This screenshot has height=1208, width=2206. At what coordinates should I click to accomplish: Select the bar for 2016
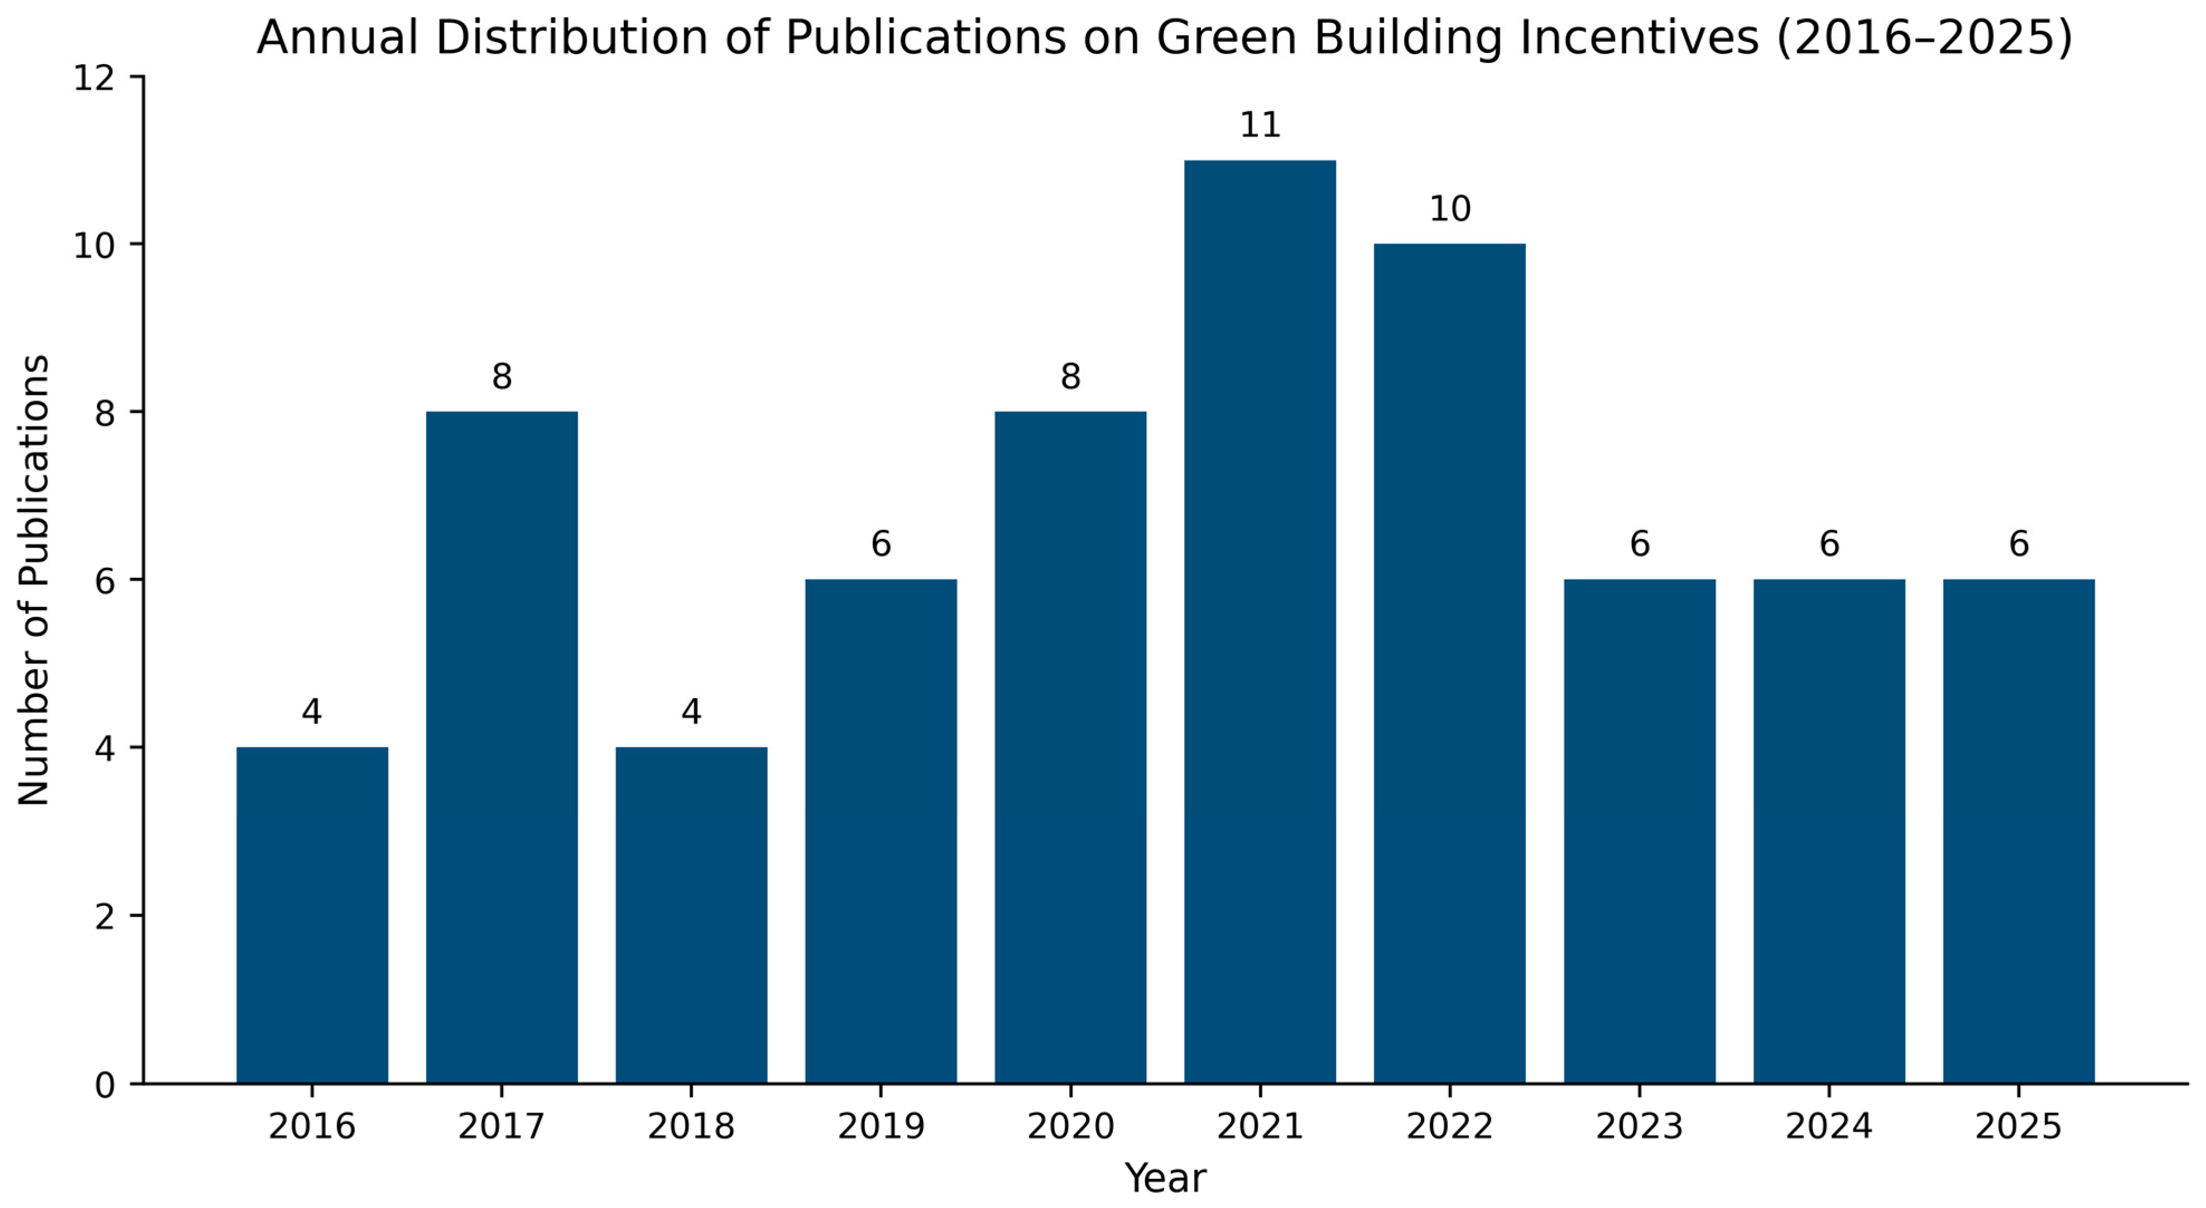tap(312, 915)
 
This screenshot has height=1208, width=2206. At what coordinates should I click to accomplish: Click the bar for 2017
tap(502, 747)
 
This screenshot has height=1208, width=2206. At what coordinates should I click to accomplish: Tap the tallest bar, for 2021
tap(1260, 621)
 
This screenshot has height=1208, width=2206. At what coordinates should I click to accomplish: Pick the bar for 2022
tap(1450, 664)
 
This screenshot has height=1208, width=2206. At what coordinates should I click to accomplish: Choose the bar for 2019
tap(881, 832)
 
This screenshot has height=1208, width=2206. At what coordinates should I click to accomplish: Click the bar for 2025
tap(2018, 832)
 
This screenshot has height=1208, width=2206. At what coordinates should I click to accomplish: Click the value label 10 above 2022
tap(1450, 210)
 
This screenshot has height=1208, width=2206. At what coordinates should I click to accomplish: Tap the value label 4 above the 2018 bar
tap(691, 712)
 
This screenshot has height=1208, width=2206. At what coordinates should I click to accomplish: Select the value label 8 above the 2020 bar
tap(1070, 376)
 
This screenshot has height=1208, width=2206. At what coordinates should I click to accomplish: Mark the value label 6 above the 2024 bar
tap(1829, 544)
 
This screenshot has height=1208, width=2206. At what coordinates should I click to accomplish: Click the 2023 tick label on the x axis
tap(1639, 1127)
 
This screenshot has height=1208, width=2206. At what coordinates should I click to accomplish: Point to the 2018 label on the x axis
tap(691, 1127)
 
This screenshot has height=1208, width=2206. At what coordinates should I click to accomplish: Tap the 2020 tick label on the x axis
tap(1070, 1127)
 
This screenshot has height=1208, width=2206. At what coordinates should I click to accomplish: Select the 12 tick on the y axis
tap(94, 79)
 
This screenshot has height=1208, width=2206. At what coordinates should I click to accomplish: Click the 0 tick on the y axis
tap(104, 1085)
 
